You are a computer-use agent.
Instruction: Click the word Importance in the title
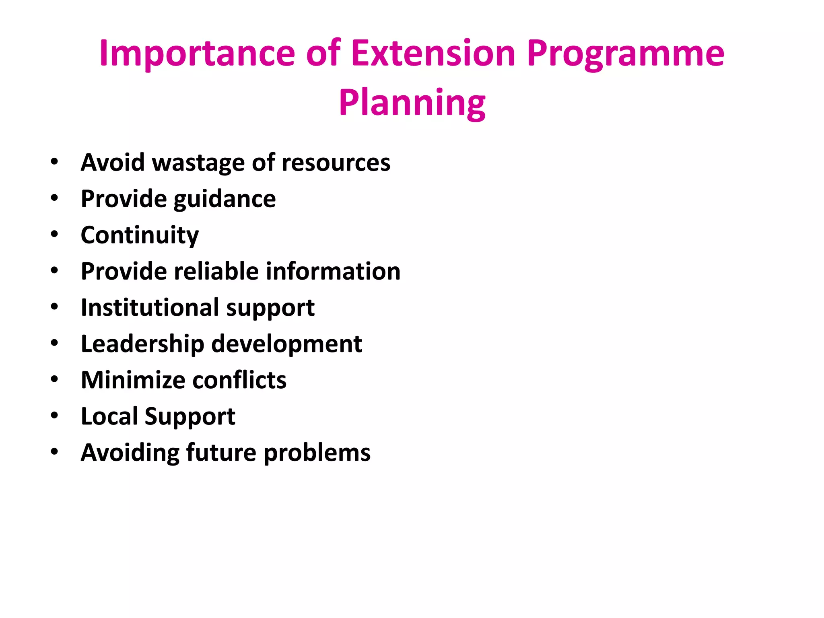(x=197, y=54)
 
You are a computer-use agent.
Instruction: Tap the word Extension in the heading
(x=433, y=54)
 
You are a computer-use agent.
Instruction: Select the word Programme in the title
(x=625, y=54)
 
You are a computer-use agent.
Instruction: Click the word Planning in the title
(x=412, y=103)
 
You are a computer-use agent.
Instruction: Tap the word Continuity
(x=140, y=235)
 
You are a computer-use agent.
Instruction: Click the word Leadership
(x=142, y=344)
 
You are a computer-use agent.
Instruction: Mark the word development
(x=286, y=344)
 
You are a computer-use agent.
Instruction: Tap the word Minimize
(x=133, y=380)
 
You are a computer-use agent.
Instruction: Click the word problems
(x=317, y=453)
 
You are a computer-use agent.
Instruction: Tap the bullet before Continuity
(x=54, y=234)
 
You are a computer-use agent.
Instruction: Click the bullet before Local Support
(x=54, y=415)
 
